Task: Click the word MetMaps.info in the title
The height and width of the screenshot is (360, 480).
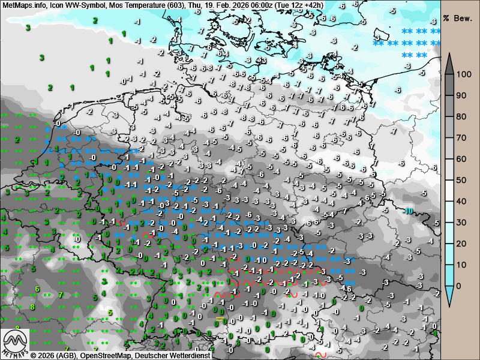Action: click(x=23, y=5)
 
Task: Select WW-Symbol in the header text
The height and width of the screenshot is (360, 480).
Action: click(x=85, y=5)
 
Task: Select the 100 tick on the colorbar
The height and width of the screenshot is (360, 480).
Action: click(x=463, y=74)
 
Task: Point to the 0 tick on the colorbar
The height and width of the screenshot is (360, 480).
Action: click(x=459, y=286)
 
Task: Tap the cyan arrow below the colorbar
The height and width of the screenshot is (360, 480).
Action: click(x=449, y=294)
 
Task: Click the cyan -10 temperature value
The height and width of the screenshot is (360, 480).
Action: click(x=408, y=211)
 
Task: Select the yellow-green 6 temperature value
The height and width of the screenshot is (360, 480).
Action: click(x=37, y=289)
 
